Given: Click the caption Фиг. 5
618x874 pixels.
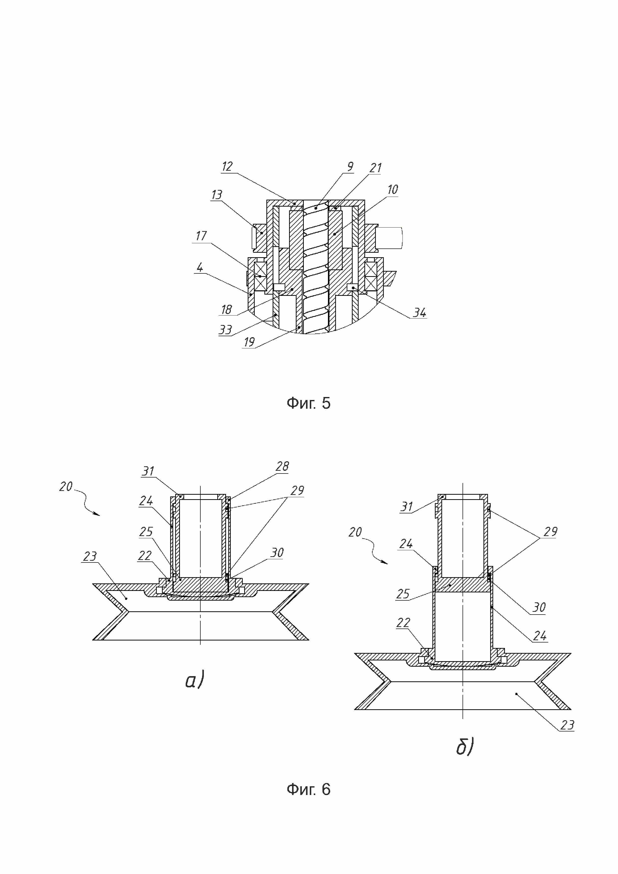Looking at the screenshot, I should click(x=308, y=403).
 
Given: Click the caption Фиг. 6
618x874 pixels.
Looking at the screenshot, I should click(x=308, y=790).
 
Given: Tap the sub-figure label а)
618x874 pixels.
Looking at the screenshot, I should click(x=194, y=680).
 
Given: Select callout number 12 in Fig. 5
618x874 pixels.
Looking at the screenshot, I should click(x=227, y=167).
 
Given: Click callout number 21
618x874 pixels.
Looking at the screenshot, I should click(x=375, y=168).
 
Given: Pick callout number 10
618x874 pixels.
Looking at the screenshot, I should click(x=392, y=190).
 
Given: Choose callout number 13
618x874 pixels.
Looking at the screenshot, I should click(x=217, y=195).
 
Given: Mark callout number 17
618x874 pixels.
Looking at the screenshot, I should click(x=201, y=236).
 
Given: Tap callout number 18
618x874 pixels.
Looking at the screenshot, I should click(x=227, y=310).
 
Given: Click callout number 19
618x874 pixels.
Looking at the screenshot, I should click(x=249, y=342).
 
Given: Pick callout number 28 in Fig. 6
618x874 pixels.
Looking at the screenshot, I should click(x=282, y=466).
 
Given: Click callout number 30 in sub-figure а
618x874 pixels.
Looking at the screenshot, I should click(x=277, y=553).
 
